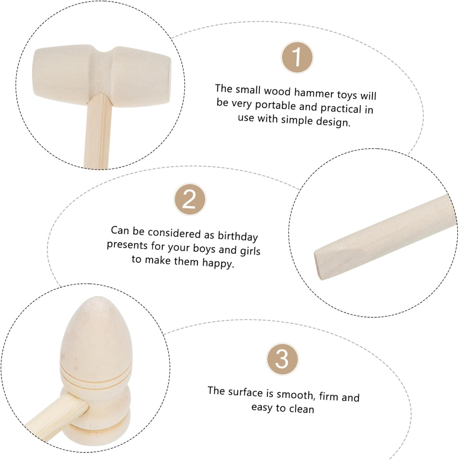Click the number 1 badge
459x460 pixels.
[297, 57]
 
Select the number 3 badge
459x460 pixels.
[282, 359]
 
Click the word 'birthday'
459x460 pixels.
[238, 236]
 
